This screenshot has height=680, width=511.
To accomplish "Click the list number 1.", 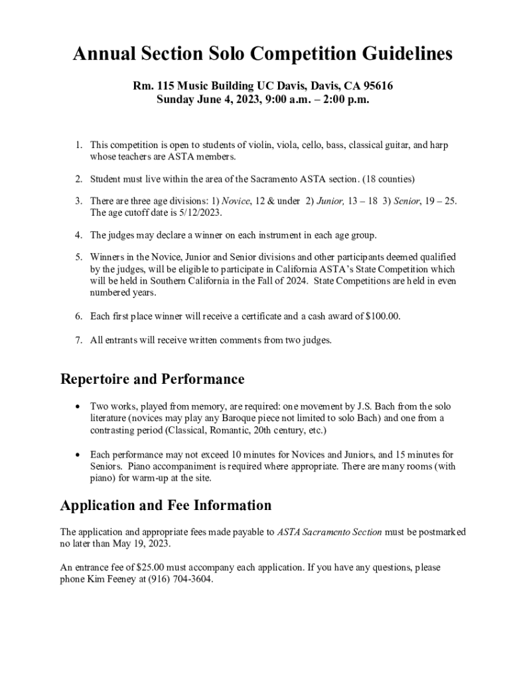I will click(x=78, y=145).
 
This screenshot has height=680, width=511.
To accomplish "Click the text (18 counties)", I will click(x=388, y=179).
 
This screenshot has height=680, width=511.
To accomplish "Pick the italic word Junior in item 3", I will click(x=328, y=201).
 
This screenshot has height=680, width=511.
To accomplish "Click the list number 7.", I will click(x=78, y=340).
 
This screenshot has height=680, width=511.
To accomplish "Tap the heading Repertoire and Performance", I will click(x=153, y=379).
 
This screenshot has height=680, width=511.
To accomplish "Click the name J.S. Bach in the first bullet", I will click(x=370, y=406).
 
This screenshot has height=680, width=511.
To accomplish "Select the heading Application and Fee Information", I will click(x=166, y=505).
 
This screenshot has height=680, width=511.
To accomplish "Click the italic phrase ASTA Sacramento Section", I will click(x=329, y=532).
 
